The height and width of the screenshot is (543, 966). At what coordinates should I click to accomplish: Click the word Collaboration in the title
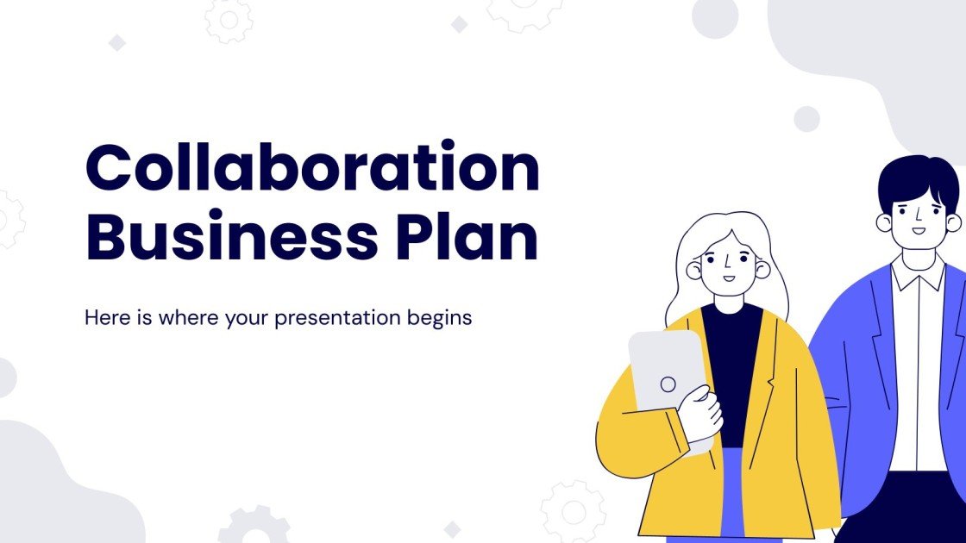pyautogui.click(x=312, y=169)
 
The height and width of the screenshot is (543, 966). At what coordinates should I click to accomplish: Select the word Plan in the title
pyautogui.click(x=467, y=236)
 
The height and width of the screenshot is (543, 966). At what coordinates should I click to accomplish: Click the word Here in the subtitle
pyautogui.click(x=103, y=317)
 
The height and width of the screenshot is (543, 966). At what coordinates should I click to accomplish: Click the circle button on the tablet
pyautogui.click(x=668, y=384)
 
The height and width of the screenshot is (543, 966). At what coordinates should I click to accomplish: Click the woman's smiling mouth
pyautogui.click(x=729, y=278)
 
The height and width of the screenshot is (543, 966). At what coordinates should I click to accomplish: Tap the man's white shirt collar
pyautogui.click(x=917, y=274)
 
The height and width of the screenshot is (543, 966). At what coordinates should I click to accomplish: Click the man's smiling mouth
pyautogui.click(x=919, y=230)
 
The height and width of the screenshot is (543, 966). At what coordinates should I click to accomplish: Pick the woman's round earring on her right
pyautogui.click(x=762, y=270)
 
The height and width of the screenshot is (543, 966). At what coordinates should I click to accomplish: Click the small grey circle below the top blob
pyautogui.click(x=806, y=119)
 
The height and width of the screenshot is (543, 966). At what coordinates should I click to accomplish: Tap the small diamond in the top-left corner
pyautogui.click(x=116, y=42)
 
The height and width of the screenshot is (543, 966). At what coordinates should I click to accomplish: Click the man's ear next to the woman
pyautogui.click(x=884, y=222)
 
